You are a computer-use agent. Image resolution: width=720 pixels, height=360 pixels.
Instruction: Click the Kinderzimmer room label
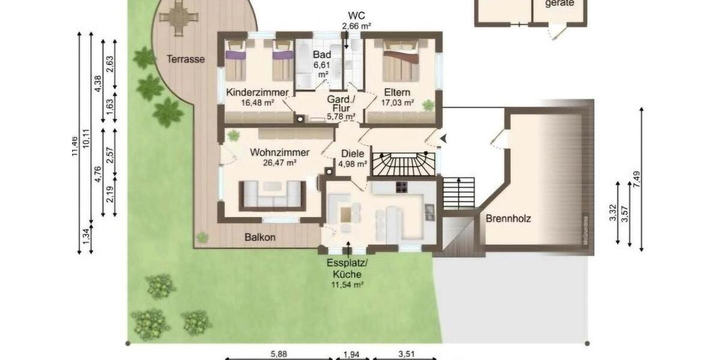tap(250, 92)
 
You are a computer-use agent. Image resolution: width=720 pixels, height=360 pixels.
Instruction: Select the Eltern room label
tap(398, 92)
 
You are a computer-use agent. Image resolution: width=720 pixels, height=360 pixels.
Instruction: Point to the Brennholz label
tap(508, 219)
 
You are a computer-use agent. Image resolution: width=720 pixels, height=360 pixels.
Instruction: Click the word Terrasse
tap(186, 59)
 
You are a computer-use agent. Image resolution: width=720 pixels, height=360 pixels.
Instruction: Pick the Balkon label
tap(260, 237)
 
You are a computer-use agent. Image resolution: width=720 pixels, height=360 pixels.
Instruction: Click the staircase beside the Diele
tap(403, 164)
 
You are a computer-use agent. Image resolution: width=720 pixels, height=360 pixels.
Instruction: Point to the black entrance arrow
tap(443, 139)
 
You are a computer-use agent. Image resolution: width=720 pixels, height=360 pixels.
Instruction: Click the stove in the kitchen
tap(401, 187)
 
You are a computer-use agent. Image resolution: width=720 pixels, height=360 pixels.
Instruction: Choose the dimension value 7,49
tap(637, 179)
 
